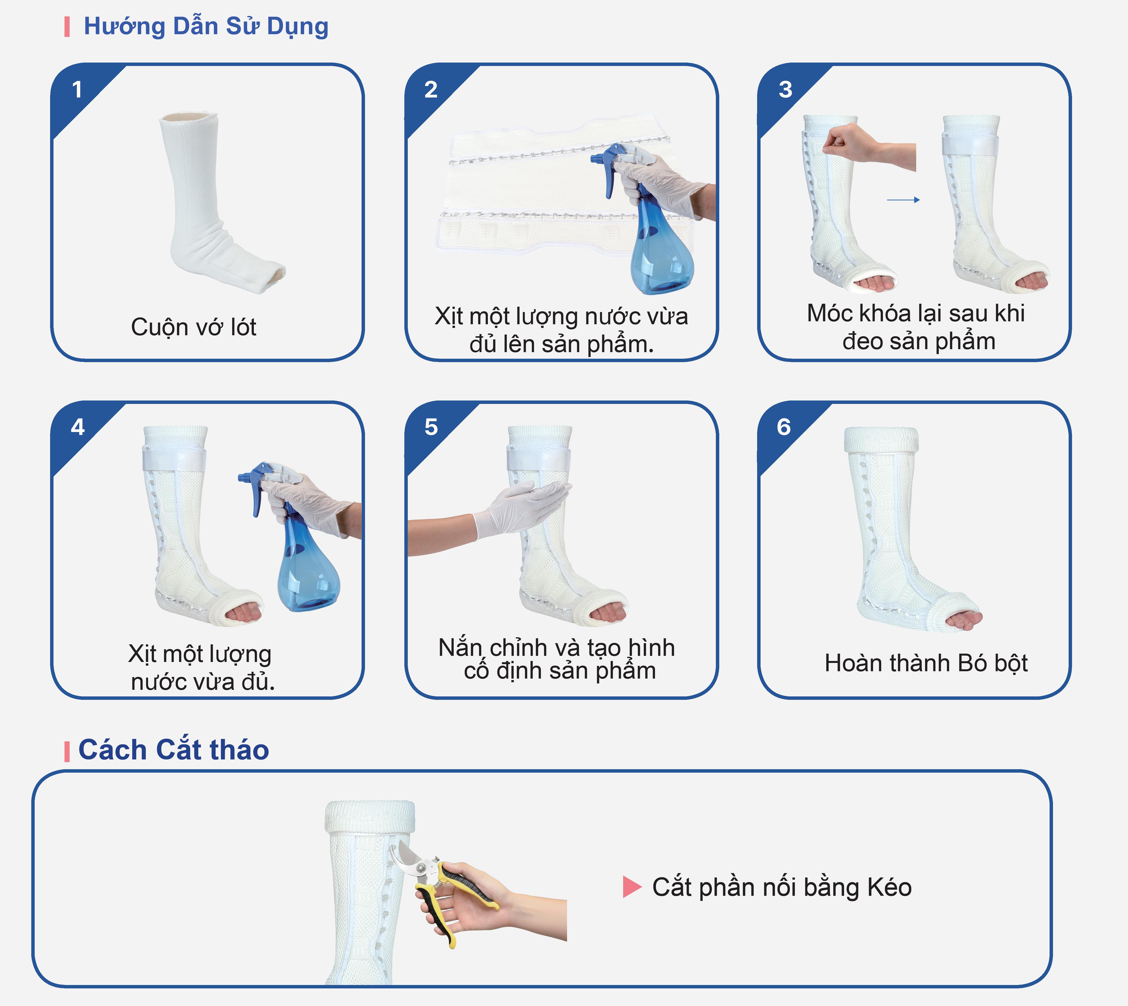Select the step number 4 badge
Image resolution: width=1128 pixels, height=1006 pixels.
[x=77, y=427]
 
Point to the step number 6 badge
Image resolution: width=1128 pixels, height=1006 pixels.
[x=784, y=427]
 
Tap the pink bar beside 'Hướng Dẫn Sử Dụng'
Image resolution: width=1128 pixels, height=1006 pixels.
[x=67, y=27]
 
